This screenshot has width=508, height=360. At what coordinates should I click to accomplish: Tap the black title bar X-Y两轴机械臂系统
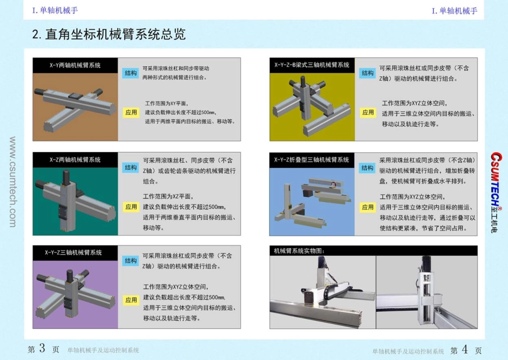[x=75, y=65]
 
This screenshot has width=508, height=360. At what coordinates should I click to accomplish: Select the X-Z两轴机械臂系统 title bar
[x=75, y=159]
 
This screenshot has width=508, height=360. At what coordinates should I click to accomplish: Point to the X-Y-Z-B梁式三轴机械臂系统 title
[x=312, y=65]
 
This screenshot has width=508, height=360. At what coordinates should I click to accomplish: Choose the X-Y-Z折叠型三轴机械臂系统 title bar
[x=312, y=159]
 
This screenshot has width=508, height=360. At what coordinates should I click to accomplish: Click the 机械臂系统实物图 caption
[x=299, y=250]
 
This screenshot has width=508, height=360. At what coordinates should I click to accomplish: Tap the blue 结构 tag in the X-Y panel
[x=130, y=73]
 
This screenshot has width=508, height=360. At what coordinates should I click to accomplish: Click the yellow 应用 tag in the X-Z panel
[x=131, y=207]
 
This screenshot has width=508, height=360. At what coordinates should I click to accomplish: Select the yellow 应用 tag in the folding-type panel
[x=367, y=207]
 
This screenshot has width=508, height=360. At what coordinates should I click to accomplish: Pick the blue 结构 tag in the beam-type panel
[x=367, y=73]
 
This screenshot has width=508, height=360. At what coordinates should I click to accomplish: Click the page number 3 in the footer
[x=42, y=349]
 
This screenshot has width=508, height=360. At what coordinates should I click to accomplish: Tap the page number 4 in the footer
[x=464, y=350]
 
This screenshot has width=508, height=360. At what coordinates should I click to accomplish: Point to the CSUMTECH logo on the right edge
[x=495, y=193]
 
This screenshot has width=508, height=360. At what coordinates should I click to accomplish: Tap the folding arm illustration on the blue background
[x=312, y=201]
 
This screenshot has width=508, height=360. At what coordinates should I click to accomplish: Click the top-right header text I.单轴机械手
[x=455, y=11]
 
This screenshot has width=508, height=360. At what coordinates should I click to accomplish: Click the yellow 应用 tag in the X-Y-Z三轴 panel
[x=131, y=300]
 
